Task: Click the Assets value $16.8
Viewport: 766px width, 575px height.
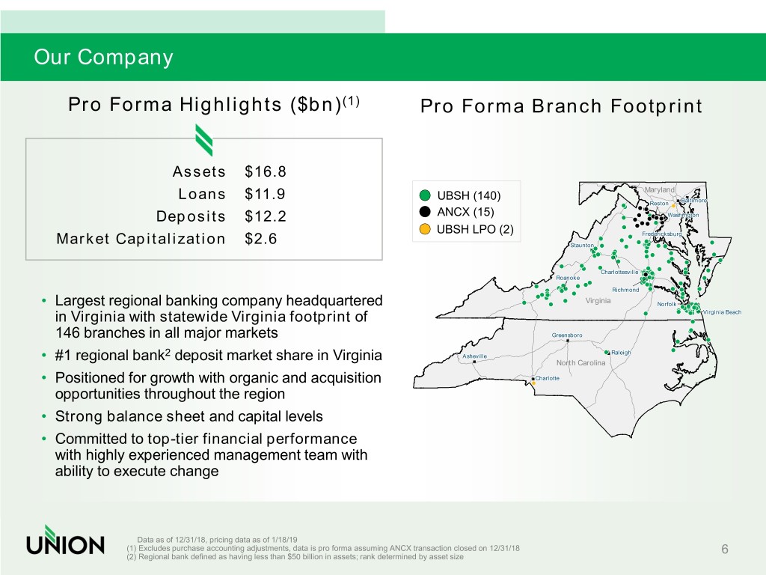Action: coord(266,171)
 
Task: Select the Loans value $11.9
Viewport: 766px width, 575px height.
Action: coord(265,194)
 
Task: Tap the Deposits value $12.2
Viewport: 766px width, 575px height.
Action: coord(266,216)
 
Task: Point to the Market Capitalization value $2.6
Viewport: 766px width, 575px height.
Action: coord(261,239)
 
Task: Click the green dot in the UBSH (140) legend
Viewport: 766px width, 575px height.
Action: coord(425,195)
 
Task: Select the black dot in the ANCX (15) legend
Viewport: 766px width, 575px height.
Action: coord(425,212)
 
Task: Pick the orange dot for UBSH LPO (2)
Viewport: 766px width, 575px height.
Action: coord(425,229)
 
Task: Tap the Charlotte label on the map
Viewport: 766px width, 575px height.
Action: coord(547,378)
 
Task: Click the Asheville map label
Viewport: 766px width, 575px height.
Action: coord(474,356)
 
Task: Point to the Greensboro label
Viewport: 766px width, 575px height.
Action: coord(567,335)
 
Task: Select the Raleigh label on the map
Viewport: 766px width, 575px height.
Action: coord(621,353)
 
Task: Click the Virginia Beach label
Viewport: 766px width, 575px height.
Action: coord(722,312)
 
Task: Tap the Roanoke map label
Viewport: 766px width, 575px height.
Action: coord(568,278)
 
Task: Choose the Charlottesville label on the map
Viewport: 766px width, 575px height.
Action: coord(619,272)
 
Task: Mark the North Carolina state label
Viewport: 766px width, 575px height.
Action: coord(580,363)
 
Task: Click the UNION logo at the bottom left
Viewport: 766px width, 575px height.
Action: coord(66,540)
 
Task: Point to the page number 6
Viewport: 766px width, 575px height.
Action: coord(725,549)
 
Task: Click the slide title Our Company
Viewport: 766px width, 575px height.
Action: coord(103,57)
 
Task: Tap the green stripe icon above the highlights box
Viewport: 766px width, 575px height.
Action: coord(204,140)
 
